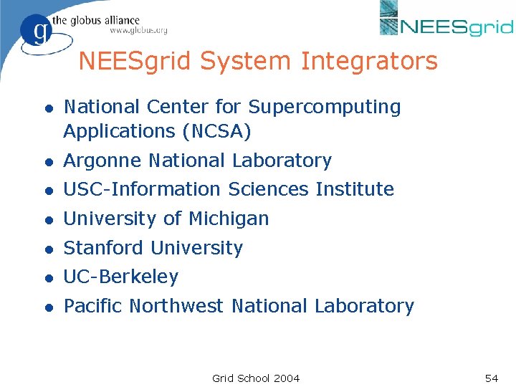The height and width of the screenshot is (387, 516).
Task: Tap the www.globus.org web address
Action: point(138,31)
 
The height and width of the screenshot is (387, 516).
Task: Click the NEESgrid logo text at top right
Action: point(457,27)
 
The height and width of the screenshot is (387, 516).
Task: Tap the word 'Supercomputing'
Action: point(325,107)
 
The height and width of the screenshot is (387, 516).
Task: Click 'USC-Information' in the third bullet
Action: point(143,189)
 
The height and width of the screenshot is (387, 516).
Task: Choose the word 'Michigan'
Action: point(229,219)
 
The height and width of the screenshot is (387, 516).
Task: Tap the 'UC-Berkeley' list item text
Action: point(121,277)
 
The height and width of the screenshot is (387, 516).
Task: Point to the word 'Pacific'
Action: point(94,306)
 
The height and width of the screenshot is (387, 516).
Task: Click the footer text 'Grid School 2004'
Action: point(256,378)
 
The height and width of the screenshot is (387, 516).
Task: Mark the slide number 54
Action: point(491,378)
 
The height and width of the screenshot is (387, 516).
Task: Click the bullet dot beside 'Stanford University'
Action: point(47,249)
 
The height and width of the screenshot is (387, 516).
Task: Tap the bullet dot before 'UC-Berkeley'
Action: point(47,277)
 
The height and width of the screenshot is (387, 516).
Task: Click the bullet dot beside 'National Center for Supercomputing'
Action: point(47,107)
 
